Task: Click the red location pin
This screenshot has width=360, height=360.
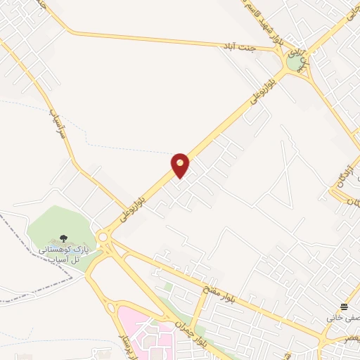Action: click(x=180, y=165)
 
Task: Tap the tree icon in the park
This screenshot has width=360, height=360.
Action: click(x=64, y=239)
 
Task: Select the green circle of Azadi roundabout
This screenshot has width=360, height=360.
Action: click(x=294, y=63)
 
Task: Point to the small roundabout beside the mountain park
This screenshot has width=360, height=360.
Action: click(x=104, y=238)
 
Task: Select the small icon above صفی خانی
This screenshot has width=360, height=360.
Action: click(x=344, y=307)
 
